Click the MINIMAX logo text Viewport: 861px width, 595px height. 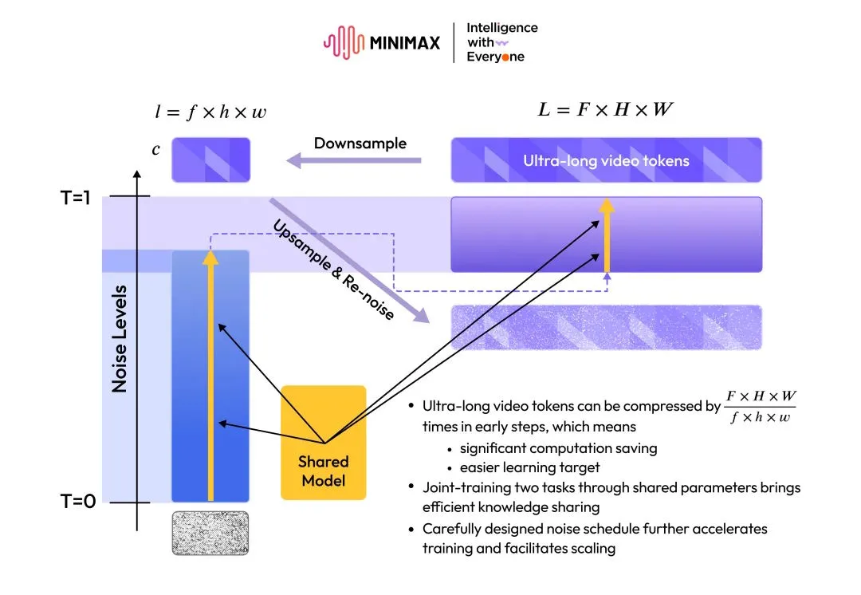[404, 42]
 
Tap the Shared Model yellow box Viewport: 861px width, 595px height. [323, 443]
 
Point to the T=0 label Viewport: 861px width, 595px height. [77, 502]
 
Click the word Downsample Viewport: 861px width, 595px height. [360, 144]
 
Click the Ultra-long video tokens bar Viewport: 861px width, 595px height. [606, 160]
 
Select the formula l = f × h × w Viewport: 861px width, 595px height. [210, 112]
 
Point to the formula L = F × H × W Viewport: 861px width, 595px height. [605, 109]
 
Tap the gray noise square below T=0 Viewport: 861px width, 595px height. [210, 533]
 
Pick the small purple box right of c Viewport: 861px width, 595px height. [210, 160]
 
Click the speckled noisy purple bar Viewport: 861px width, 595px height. [606, 327]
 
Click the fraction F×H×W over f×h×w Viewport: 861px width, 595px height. [761, 407]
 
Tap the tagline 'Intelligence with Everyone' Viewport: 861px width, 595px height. [501, 42]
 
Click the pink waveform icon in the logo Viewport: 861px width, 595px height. [343, 42]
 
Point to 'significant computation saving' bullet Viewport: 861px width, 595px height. [558, 448]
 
